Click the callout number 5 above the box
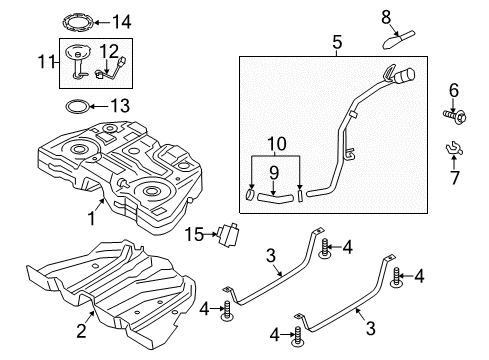click(337, 43)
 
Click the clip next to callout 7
click(453, 153)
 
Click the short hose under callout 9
click(274, 197)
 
